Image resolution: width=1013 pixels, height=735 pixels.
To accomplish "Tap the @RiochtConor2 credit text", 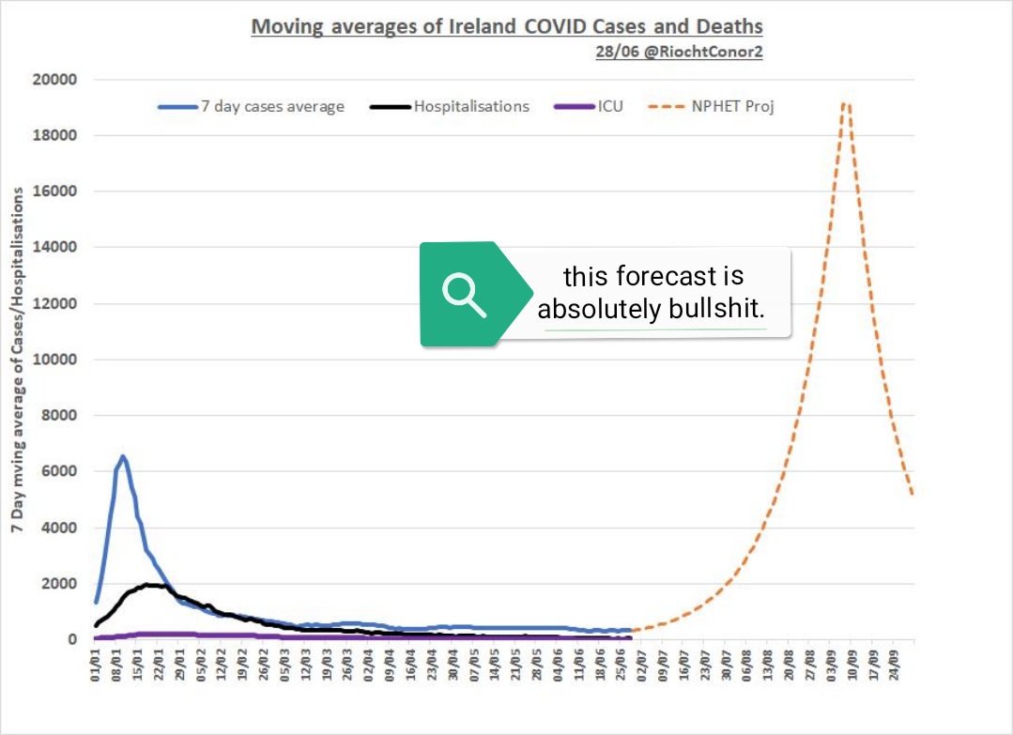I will click(x=679, y=53).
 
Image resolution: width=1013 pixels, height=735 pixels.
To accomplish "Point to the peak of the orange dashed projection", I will click(x=846, y=103).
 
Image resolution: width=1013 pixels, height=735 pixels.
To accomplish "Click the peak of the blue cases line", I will click(x=122, y=456).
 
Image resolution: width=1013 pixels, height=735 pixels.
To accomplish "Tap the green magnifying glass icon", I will click(x=463, y=294).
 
